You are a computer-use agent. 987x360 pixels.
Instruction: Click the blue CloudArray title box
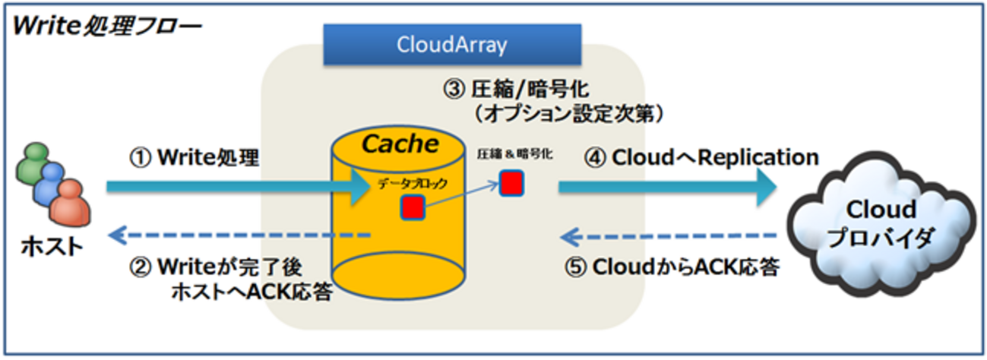[x=451, y=45]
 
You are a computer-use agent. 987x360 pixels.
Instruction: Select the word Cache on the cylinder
[x=400, y=143]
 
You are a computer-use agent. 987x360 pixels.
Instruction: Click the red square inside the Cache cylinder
[x=412, y=207]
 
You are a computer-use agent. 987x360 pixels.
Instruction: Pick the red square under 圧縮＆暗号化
[x=511, y=183]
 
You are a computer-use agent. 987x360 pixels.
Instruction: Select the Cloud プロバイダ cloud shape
[x=881, y=221]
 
